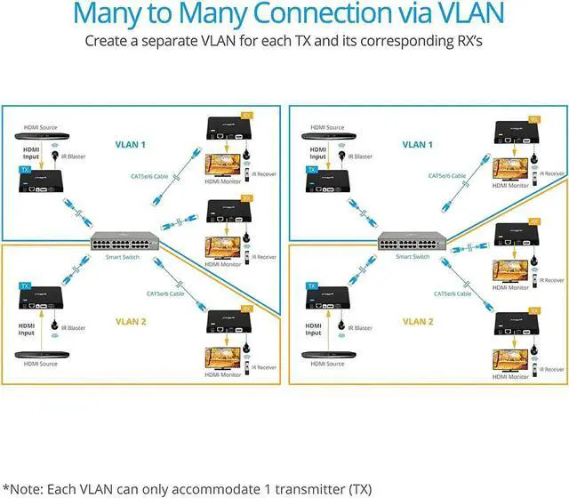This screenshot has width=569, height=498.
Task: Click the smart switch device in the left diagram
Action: tap(122, 242)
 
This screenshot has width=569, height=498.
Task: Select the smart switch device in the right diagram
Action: tap(409, 242)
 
